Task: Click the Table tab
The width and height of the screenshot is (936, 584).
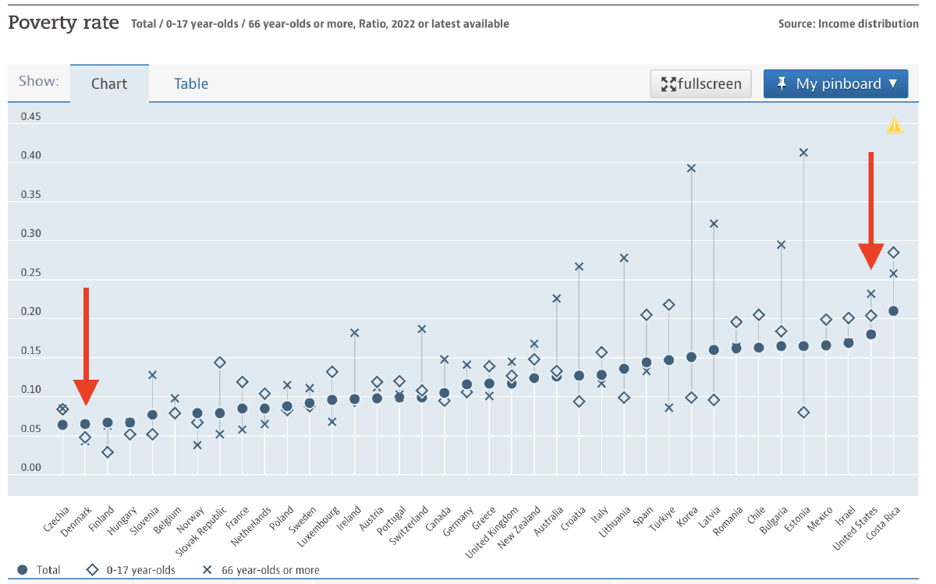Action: coord(191,83)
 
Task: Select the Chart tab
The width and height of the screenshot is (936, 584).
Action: coord(109,83)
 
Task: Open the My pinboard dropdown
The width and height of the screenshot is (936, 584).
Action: coord(835,83)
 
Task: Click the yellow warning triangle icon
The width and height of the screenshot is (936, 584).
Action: coord(894,126)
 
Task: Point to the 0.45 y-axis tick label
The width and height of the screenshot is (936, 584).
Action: coord(30,117)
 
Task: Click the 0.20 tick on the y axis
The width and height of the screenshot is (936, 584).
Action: coord(30,312)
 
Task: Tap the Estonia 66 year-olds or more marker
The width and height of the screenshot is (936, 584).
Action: coord(803,153)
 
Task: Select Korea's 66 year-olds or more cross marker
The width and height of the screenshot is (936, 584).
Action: coord(691,168)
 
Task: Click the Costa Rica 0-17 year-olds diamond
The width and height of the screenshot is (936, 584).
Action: coord(894,253)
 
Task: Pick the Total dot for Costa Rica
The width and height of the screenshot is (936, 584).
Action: coord(894,310)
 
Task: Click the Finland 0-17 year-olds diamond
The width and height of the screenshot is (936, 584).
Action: coord(108,452)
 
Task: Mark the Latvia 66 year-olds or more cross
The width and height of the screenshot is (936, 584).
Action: coord(714,224)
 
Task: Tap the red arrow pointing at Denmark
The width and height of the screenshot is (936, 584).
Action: coord(86,343)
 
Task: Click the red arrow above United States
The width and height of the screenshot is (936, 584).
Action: coord(871,211)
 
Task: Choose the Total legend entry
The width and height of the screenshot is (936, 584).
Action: coord(40,570)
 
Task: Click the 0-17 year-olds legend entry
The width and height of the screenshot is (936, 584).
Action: coord(132,570)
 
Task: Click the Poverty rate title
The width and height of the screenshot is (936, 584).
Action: coord(63,23)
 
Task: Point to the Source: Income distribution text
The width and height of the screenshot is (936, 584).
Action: coord(848,24)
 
